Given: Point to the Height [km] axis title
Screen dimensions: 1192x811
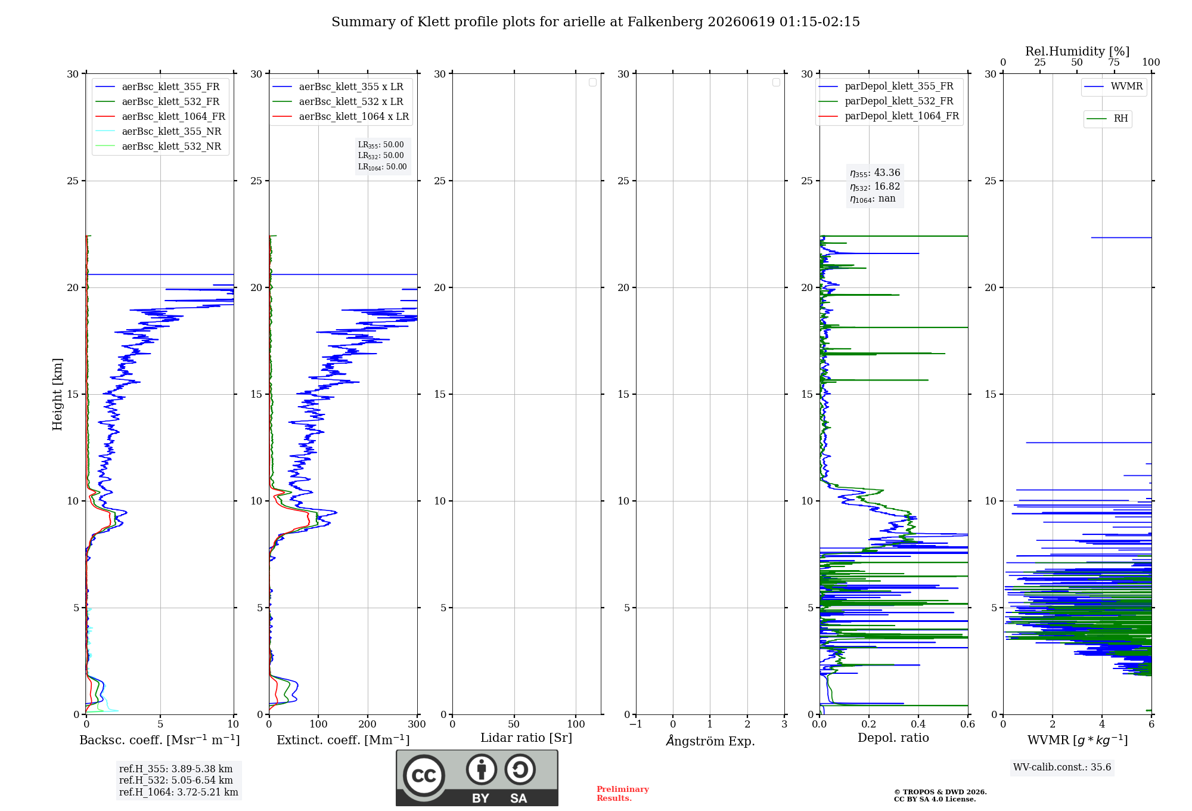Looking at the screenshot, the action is click(57, 394).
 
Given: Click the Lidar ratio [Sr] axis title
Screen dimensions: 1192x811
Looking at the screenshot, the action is click(526, 738).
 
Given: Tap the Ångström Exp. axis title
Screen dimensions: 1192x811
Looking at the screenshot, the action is click(710, 740).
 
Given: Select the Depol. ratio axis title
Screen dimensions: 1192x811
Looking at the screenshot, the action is click(893, 738).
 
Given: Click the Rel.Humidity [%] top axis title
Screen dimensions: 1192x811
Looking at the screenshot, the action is click(1078, 51).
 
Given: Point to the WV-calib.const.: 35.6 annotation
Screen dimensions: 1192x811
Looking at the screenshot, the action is click(1062, 767).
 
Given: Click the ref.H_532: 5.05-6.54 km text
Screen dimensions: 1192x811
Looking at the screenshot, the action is click(176, 780).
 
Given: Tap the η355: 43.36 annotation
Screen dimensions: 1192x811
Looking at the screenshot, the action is click(875, 173).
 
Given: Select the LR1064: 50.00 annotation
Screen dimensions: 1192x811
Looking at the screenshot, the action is click(383, 167).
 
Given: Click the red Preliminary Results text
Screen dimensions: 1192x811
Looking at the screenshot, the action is click(623, 794).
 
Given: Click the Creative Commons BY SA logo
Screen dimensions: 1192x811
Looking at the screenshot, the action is click(477, 778).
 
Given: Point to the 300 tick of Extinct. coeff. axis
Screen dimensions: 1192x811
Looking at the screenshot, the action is click(417, 725).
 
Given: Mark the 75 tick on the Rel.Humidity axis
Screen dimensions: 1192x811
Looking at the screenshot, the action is click(1114, 62).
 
